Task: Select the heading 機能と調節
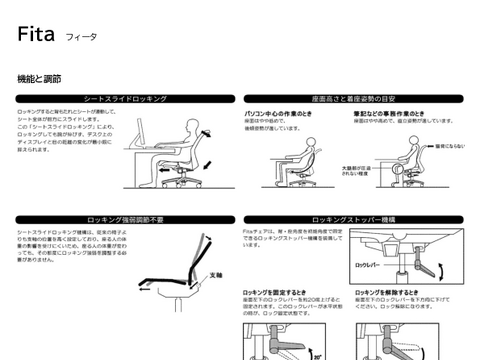point(39,77)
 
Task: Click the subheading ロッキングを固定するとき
point(289,292)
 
